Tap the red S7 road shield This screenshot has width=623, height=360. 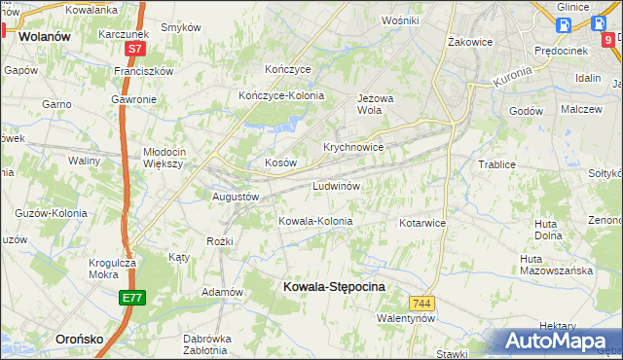[134, 48]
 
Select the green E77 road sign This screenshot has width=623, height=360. [133, 298]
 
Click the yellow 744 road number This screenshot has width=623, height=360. [421, 304]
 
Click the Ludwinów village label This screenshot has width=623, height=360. [337, 185]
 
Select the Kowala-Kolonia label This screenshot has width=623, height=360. [315, 222]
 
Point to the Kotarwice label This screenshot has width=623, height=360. [421, 223]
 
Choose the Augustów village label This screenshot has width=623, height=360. [236, 197]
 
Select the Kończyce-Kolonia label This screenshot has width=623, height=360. [281, 95]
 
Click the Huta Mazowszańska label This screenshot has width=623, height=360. [556, 265]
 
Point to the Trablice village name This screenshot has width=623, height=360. [496, 164]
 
